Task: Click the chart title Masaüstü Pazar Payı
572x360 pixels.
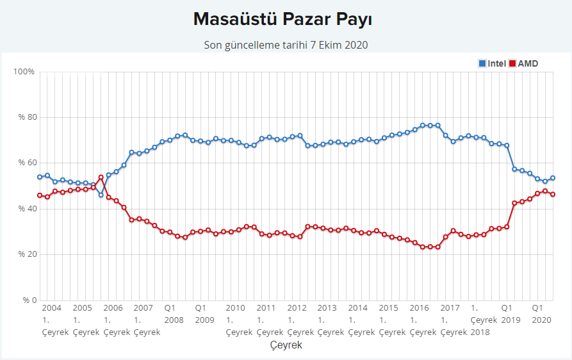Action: (282, 19)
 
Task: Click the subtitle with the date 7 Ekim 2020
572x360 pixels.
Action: (286, 45)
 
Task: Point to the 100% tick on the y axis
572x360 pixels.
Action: (24, 71)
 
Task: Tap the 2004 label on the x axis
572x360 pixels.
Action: (51, 308)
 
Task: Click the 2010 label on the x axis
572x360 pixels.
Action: (236, 308)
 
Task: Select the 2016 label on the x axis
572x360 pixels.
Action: (420, 308)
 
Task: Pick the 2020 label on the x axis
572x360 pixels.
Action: (542, 319)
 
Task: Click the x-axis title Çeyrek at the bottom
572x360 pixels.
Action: (286, 345)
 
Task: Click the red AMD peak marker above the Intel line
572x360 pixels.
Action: (101, 177)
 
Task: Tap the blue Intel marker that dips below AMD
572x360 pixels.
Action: (101, 195)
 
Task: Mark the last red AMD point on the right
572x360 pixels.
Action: (553, 194)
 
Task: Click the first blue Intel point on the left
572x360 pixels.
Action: (40, 177)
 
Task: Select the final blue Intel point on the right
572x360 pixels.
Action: (553, 178)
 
